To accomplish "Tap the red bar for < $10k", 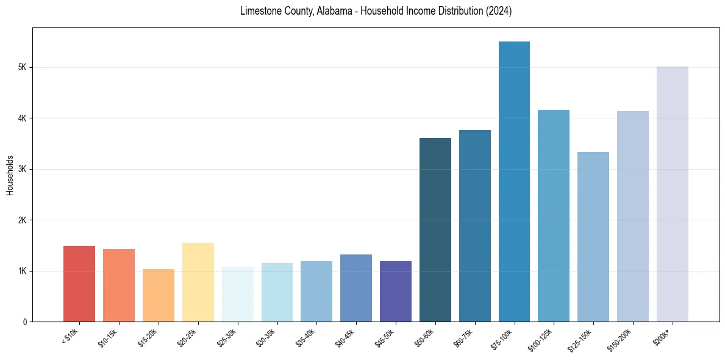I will pos(79,284).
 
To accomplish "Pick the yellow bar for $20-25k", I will pos(198,282).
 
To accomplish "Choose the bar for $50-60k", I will pos(435,229).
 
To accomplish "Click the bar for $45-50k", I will pos(396,291).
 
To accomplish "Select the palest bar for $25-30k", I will pos(237,294).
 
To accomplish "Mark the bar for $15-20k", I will pos(159,295).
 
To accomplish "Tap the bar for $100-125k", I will pos(554,215).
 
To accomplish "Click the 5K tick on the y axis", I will pos(23,67).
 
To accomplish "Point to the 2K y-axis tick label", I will pos(23,220).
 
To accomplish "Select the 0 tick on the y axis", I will pos(25,322).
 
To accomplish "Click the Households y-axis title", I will pos(10,175).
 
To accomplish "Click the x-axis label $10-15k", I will pos(109,337).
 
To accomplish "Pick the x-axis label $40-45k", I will pos(346,337).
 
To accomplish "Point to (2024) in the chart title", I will pos(499,11).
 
